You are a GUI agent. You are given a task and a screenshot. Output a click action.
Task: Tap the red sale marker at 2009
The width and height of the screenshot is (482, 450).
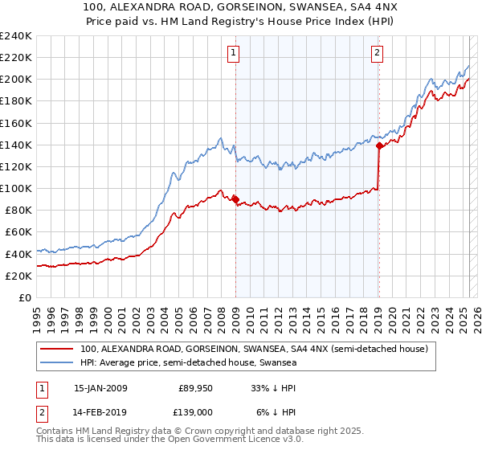(235, 200)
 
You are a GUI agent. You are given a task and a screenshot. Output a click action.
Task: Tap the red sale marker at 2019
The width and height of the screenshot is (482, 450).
(378, 146)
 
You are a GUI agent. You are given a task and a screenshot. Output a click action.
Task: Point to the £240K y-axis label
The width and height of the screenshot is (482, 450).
(15, 36)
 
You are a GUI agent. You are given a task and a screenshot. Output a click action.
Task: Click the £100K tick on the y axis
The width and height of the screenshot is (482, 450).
(15, 188)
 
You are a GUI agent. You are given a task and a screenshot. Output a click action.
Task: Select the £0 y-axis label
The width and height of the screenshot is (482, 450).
(24, 297)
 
